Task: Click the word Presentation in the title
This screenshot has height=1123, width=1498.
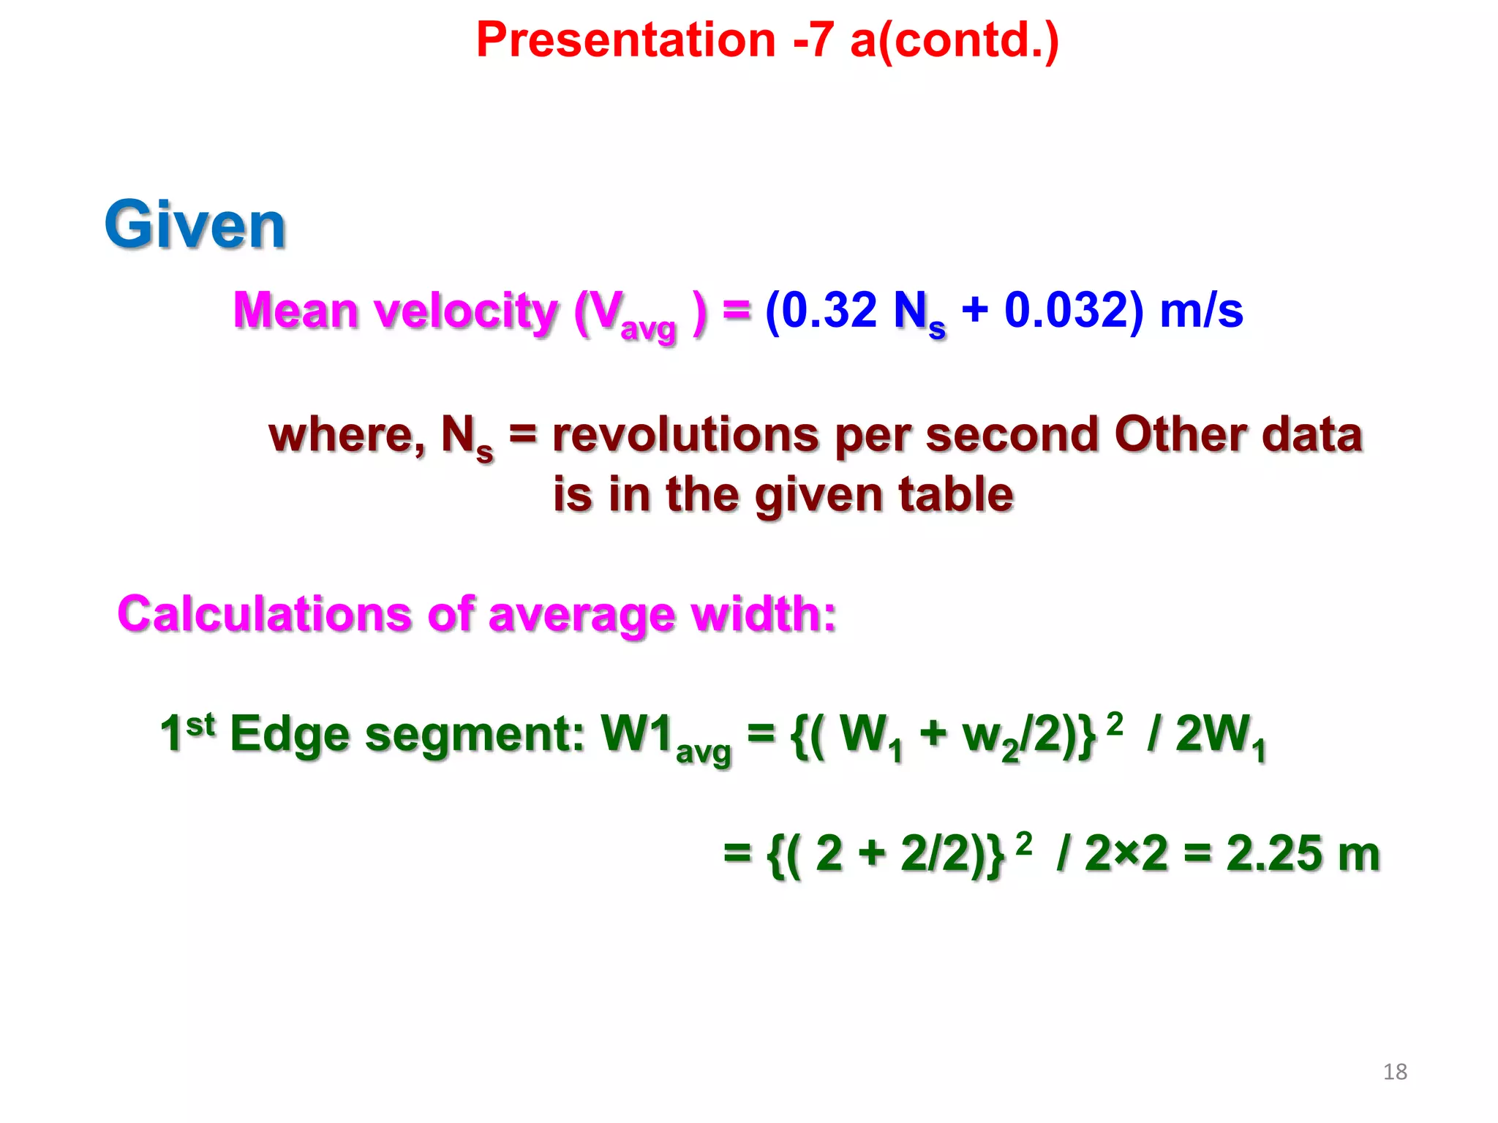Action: pos(625,39)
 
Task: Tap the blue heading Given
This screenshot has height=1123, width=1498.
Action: pos(195,225)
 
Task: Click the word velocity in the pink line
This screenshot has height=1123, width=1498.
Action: pos(466,311)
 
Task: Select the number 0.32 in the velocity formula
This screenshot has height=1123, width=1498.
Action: pos(829,310)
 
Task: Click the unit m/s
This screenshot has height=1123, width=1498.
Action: pos(1201,310)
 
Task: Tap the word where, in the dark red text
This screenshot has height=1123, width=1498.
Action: pos(347,435)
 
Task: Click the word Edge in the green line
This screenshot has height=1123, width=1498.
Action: pos(290,734)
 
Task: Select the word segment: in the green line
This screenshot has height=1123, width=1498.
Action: pos(474,734)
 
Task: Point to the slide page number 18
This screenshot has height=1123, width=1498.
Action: pos(1395,1072)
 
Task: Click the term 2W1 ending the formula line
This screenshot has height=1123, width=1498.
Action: pos(1220,736)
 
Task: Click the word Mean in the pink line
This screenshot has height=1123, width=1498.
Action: pos(295,311)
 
